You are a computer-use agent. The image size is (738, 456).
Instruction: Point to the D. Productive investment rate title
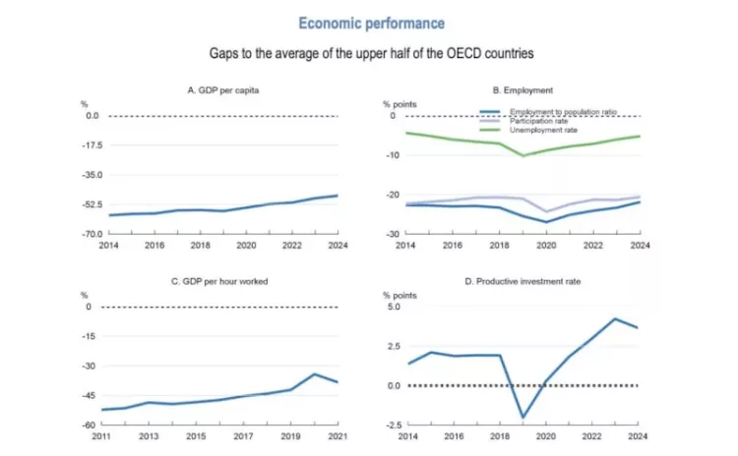[x=523, y=281]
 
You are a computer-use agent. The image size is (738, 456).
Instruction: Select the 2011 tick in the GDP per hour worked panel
[x=102, y=435]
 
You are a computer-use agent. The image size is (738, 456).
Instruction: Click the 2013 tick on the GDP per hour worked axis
[x=150, y=435]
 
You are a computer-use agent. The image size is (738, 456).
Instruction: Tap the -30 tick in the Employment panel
[x=392, y=234]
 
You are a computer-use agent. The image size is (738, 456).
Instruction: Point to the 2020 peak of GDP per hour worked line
[x=315, y=374]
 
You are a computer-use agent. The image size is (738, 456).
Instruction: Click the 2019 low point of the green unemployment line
[x=523, y=155]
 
